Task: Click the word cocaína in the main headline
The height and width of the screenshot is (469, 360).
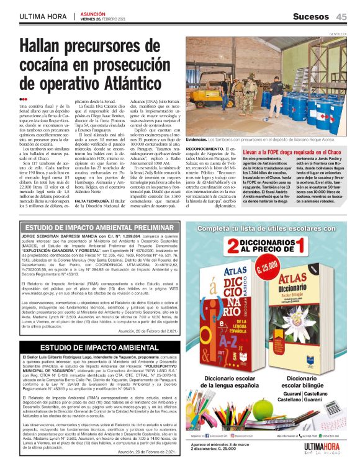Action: pyautogui.click(x=53, y=65)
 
